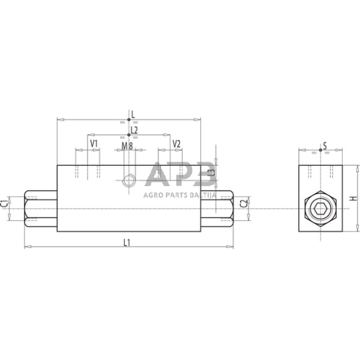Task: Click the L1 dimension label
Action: coord(127,242)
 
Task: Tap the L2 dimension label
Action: coord(134,130)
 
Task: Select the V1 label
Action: coord(94,144)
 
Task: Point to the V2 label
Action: coord(176,144)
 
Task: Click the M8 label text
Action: coord(127,146)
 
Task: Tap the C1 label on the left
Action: coord(6,203)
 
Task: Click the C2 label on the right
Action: coord(243,203)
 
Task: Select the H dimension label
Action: coord(351,198)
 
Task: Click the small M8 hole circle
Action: coord(129,180)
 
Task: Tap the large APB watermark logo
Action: coord(181,174)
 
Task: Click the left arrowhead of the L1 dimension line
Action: coord(26,247)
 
